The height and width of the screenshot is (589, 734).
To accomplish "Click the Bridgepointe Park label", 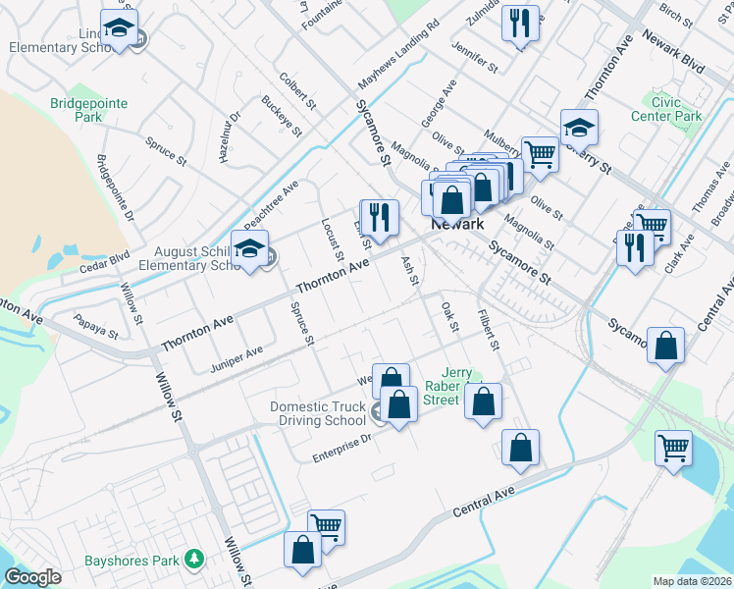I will click(77, 109).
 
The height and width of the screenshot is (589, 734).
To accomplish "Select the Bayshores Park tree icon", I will click(195, 559).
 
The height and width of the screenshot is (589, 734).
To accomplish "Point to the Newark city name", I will click(458, 224).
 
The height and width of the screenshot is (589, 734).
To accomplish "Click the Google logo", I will click(31, 577).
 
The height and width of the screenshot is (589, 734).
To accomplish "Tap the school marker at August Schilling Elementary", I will click(250, 250).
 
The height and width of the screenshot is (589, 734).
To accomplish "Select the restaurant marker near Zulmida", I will click(520, 25).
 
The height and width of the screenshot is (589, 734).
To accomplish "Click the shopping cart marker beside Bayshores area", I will click(326, 526).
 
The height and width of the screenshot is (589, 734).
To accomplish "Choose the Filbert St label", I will click(488, 332).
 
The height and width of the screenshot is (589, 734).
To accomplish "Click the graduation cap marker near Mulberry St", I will click(579, 127).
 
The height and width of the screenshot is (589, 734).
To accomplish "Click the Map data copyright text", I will click(692, 580).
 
